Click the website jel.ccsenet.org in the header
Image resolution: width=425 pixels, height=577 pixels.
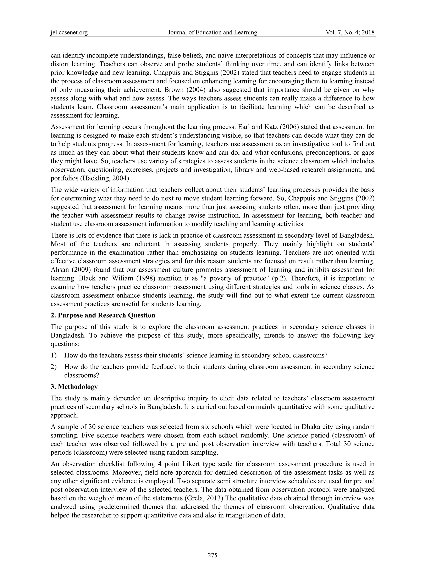[x=69, y=32]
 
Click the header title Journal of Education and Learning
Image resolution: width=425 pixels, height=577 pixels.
[x=212, y=32]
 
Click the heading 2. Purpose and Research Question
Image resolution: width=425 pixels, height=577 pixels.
[x=103, y=315]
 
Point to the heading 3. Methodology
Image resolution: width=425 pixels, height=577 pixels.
[x=74, y=387]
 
